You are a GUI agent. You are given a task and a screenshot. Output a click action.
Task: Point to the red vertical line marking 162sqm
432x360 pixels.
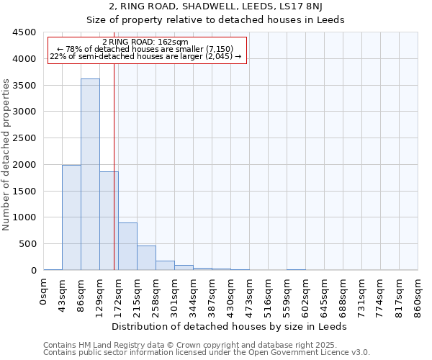(x=114, y=180)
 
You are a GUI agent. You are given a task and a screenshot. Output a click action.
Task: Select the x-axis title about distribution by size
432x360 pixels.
(x=230, y=326)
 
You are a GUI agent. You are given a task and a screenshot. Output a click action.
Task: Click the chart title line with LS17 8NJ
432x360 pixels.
(x=215, y=7)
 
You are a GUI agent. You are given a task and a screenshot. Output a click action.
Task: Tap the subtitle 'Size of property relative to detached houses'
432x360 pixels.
(x=215, y=20)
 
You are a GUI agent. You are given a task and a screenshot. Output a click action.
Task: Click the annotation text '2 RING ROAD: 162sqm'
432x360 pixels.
(x=145, y=42)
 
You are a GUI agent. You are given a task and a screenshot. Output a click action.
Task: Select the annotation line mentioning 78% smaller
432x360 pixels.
(x=145, y=49)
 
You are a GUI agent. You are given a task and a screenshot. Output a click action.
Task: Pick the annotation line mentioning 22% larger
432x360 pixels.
(x=145, y=56)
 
